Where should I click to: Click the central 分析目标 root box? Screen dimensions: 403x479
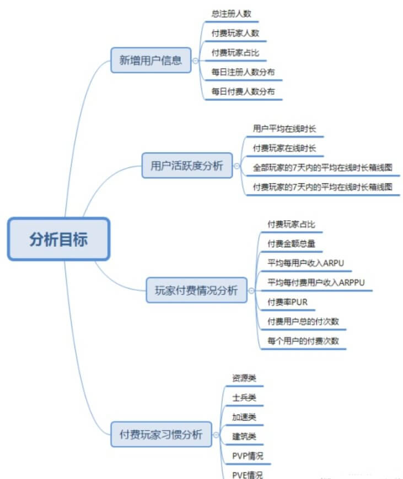click(59, 239)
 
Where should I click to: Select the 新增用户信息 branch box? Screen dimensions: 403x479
click(151, 60)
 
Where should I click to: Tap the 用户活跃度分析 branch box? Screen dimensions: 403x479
click(187, 166)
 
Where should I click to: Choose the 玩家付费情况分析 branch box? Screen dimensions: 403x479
click(196, 290)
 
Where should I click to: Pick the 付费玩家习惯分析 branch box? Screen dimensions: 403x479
click(161, 434)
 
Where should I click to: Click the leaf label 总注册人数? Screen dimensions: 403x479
click(232, 14)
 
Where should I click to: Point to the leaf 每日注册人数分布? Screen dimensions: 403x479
click(243, 72)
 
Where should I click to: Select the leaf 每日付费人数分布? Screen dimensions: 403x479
click(243, 91)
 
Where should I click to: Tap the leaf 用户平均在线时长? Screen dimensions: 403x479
click(284, 129)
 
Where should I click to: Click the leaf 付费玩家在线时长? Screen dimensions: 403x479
click(284, 148)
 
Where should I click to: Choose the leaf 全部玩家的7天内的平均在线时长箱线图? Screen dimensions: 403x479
click(323, 167)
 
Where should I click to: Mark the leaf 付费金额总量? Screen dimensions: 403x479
click(291, 243)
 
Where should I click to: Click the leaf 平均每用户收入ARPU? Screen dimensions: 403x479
click(305, 263)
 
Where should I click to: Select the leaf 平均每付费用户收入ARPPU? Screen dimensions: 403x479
click(316, 282)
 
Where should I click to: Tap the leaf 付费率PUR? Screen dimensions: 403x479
click(287, 302)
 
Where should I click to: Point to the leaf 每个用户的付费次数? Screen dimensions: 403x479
click(303, 341)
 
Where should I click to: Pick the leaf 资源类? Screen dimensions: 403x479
click(244, 378)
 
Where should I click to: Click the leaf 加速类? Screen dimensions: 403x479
click(244, 417)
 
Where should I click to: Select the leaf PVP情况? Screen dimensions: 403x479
click(248, 456)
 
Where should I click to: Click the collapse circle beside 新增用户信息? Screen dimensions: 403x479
click(195, 61)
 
